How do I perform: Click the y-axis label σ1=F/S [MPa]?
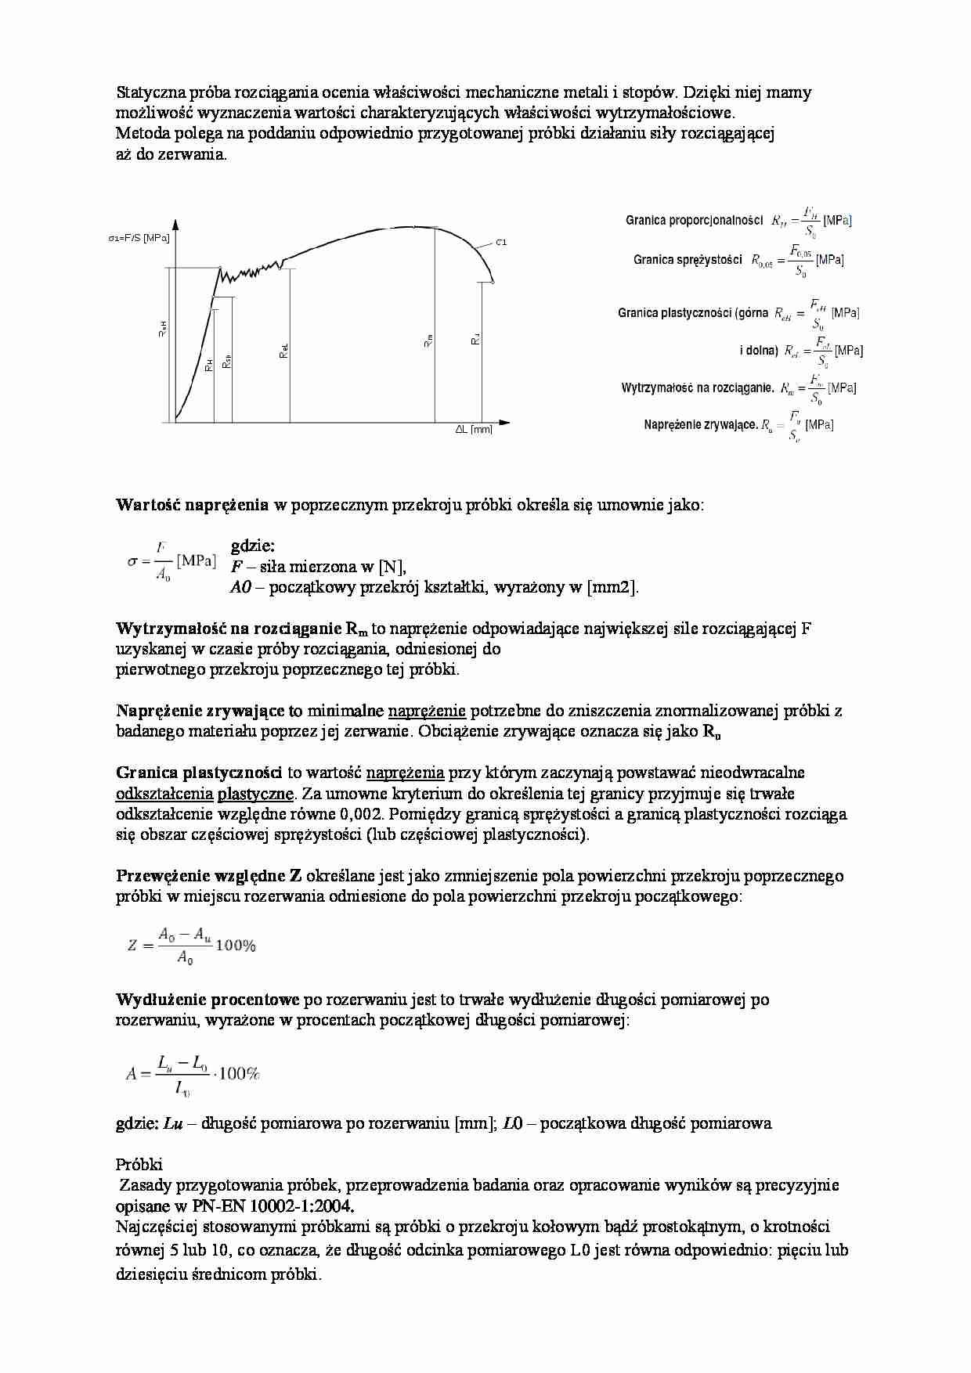[139, 238]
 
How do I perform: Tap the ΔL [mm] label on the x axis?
[474, 430]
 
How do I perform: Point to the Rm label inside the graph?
[428, 341]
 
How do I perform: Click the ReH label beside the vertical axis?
[163, 330]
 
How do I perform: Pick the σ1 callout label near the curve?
[501, 243]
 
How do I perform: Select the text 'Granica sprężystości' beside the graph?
[688, 260]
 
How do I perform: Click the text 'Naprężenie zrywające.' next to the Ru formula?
[701, 425]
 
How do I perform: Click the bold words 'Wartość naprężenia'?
[192, 505]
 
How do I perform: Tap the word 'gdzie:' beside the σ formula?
[253, 546]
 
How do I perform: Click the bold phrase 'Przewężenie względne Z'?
[209, 876]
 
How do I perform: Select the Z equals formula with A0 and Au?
[193, 945]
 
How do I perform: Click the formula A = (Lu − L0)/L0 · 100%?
[193, 1075]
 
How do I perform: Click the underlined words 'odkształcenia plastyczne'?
[205, 794]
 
